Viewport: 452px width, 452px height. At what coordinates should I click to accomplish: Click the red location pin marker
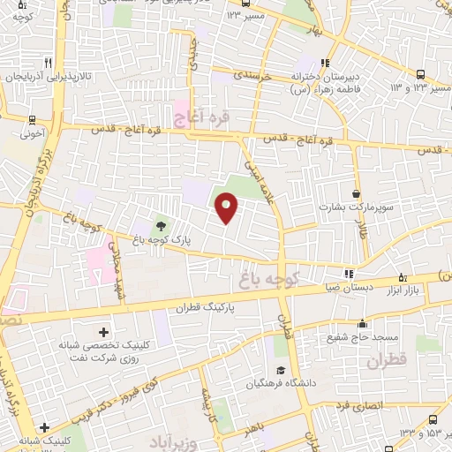[227, 207]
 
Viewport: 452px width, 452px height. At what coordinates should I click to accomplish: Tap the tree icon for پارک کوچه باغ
[160, 226]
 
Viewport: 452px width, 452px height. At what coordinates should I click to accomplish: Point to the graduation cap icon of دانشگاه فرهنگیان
[281, 371]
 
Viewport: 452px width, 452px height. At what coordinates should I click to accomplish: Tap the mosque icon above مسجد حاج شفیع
[361, 324]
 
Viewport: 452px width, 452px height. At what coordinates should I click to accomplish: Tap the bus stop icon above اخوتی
[33, 121]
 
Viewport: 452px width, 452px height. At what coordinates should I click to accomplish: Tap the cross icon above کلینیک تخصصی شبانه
[104, 332]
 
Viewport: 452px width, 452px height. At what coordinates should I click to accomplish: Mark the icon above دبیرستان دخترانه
[325, 63]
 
